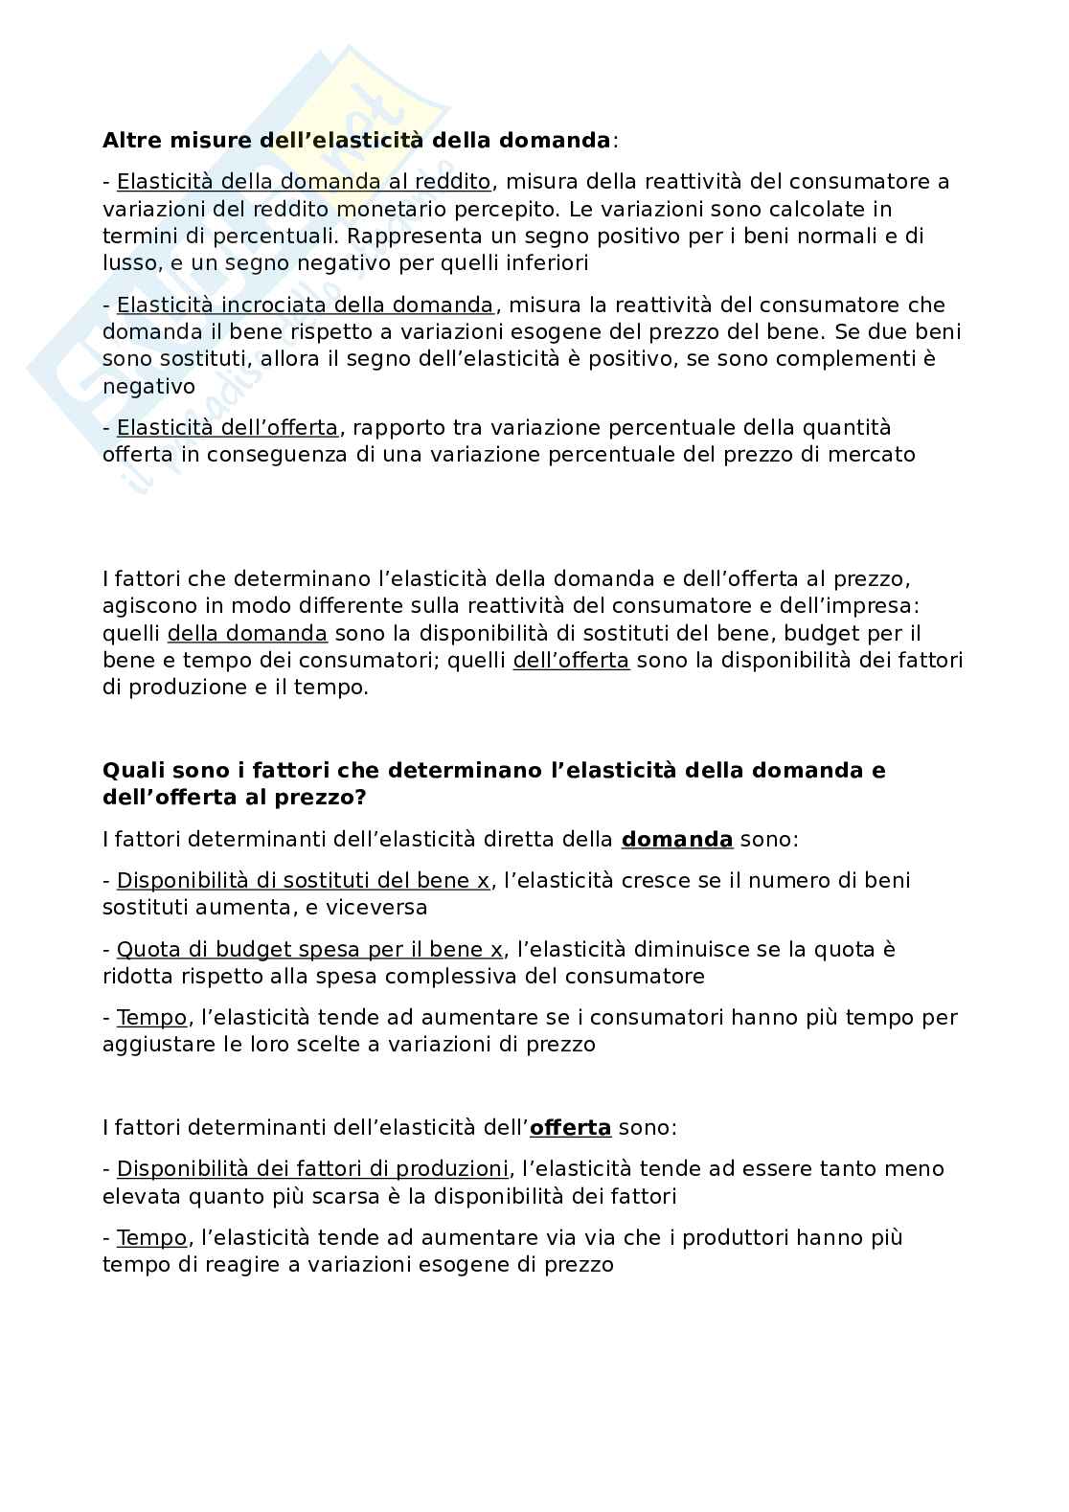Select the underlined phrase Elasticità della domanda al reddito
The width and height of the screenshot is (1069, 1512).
[304, 182]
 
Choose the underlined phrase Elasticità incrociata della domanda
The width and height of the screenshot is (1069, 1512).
[305, 305]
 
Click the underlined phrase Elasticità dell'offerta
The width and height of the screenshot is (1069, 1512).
[227, 428]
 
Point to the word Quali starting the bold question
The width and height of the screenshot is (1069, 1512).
[132, 771]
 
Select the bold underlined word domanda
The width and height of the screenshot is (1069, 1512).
[677, 840]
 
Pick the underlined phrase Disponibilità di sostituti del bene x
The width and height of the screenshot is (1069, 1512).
[303, 881]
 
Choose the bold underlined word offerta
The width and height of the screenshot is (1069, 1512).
[570, 1128]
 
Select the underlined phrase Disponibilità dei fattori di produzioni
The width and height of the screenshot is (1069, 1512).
[312, 1169]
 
